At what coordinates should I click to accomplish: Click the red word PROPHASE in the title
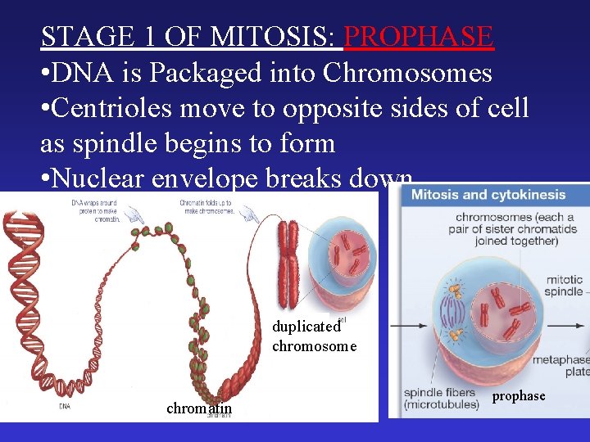pos(418,37)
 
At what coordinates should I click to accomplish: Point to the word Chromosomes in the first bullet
pos(407,73)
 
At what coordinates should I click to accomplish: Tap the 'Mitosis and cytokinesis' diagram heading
pos(488,195)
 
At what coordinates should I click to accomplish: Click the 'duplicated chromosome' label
pos(314,336)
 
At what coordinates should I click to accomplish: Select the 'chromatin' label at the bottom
pos(199,408)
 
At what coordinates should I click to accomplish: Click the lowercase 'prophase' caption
pos(518,395)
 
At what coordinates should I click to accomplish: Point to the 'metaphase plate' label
pos(562,366)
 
